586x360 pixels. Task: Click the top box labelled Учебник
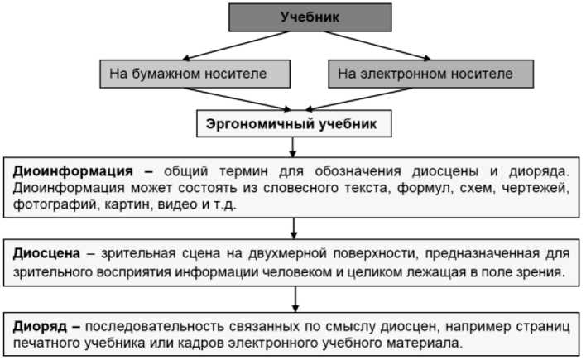pyautogui.click(x=310, y=17)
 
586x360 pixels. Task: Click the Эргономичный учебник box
pyautogui.click(x=291, y=124)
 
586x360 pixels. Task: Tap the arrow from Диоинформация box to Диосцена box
pyautogui.click(x=294, y=227)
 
